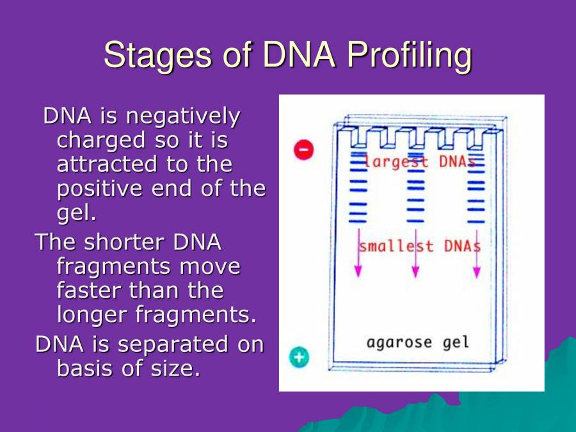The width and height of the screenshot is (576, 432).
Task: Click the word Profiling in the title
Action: point(408,56)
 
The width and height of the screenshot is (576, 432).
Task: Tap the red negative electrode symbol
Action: point(303,150)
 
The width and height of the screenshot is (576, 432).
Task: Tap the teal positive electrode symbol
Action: point(298,357)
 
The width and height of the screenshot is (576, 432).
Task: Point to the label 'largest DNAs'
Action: point(420,162)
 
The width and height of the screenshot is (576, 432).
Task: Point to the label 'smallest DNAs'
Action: point(419,246)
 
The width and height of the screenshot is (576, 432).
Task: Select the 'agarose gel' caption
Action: point(417,342)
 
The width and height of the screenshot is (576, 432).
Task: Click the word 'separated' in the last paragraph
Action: point(172,344)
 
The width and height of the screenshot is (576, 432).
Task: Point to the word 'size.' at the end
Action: point(173,369)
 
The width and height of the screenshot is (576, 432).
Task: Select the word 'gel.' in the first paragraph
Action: point(76,213)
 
